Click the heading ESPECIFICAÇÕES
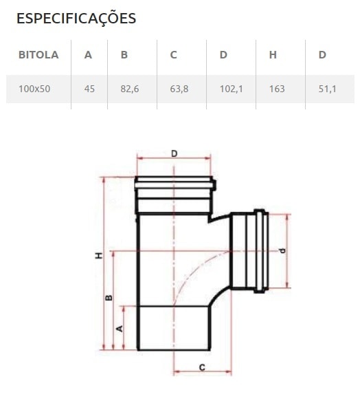76,19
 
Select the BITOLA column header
38,55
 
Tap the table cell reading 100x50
34,89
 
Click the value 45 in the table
89,89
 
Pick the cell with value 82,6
130,89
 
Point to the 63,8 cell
179,89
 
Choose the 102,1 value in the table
231,89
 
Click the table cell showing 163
277,89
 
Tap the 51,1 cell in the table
328,89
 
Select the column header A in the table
88,55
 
